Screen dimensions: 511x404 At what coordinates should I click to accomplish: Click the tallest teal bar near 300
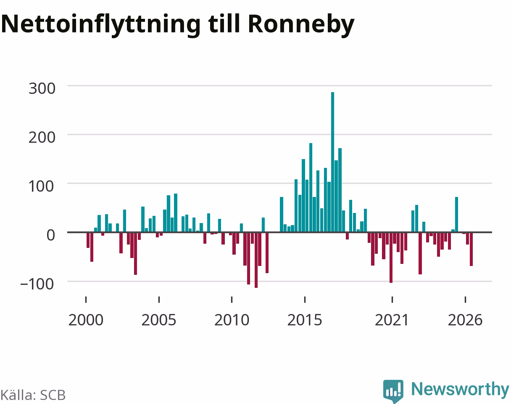point(332,162)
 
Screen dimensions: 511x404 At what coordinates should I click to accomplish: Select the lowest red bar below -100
point(256,260)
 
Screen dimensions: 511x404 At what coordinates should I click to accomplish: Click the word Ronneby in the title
point(301,25)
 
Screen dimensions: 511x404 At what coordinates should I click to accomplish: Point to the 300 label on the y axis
point(42,88)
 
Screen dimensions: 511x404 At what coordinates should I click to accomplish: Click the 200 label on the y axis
point(42,138)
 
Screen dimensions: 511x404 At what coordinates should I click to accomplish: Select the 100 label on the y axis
point(41,186)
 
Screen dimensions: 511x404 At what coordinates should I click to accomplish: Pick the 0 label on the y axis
point(50,235)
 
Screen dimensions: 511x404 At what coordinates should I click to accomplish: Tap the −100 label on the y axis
point(37,284)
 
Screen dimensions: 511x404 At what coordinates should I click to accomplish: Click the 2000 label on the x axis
point(86,320)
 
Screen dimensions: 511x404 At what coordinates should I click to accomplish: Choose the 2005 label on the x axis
point(158,320)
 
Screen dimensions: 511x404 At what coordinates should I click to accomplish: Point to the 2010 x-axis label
point(232,320)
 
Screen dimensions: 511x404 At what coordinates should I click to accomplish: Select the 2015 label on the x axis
point(305,320)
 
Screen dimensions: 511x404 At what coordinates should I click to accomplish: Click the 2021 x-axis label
point(392,320)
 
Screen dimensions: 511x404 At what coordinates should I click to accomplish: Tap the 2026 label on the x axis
point(465,320)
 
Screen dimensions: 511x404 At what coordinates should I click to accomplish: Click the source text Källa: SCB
point(33,395)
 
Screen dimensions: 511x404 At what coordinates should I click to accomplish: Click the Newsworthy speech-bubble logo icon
point(393,391)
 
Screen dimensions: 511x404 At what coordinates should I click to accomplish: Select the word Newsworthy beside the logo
point(460,390)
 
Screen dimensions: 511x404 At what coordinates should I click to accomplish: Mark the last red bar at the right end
point(471,249)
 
